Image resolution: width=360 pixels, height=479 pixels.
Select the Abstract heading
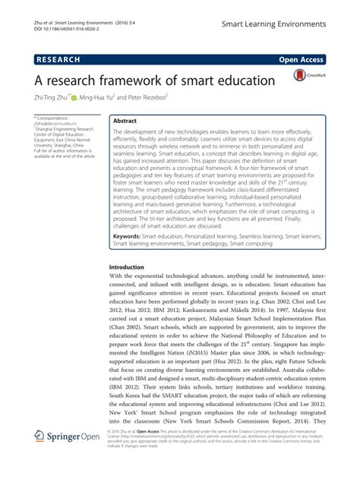click(125, 121)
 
